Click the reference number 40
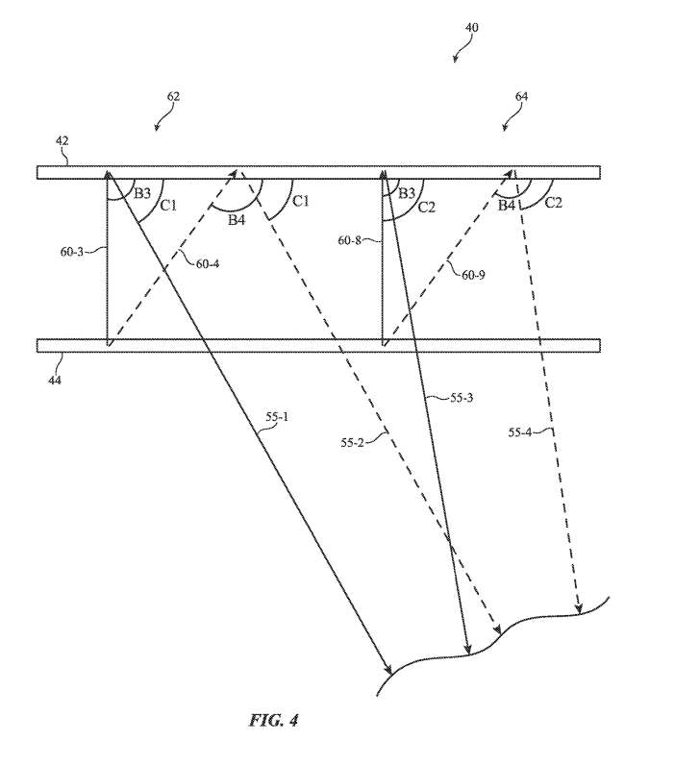click(x=471, y=27)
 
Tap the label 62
click(x=173, y=96)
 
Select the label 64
click(x=521, y=96)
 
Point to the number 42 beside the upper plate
click(x=62, y=141)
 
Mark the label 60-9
click(x=473, y=274)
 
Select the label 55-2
click(x=357, y=442)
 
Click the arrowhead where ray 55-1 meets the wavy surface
click(x=387, y=670)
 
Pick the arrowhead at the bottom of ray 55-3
click(x=467, y=649)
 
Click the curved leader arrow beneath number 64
click(x=509, y=121)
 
